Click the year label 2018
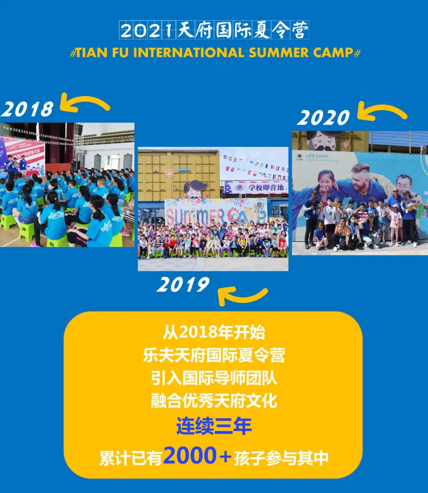[x=27, y=109]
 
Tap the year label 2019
[x=183, y=284]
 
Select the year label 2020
[x=323, y=118]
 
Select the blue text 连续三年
[x=214, y=426]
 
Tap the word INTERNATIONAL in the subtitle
[x=189, y=53]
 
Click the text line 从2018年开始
[x=214, y=333]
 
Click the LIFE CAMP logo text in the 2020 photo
[x=317, y=156]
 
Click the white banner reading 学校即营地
[x=256, y=187]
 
